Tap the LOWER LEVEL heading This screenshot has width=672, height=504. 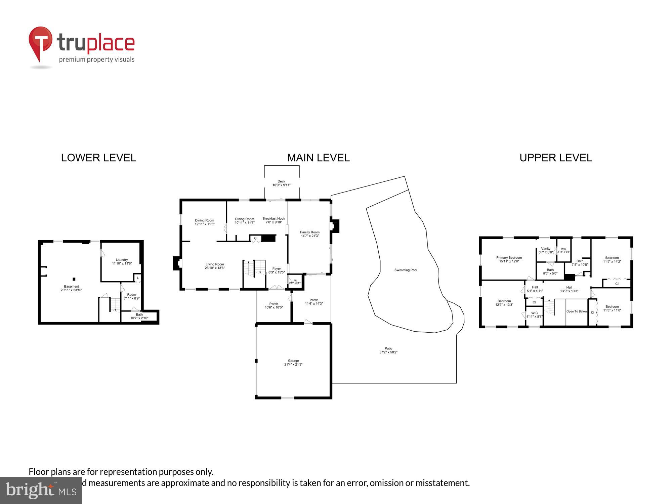[98, 158]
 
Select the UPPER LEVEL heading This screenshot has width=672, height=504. [556, 158]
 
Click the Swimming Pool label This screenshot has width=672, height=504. [406, 270]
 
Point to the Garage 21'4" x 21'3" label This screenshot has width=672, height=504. [293, 363]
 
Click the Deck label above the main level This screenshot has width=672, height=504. [281, 183]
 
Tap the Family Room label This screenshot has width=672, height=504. [309, 234]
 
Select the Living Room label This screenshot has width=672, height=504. [215, 266]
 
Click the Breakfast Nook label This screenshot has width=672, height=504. [274, 220]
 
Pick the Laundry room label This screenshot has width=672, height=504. [122, 261]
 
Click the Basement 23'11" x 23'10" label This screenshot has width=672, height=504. [71, 288]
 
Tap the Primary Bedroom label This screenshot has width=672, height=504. [509, 259]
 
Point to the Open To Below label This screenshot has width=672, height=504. [577, 311]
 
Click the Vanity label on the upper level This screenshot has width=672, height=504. [546, 250]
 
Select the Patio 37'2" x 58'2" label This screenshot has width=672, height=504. [388, 350]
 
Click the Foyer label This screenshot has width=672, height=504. [277, 270]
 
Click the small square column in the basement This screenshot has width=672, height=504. [74, 279]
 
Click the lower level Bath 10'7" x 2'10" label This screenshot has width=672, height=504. [139, 316]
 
